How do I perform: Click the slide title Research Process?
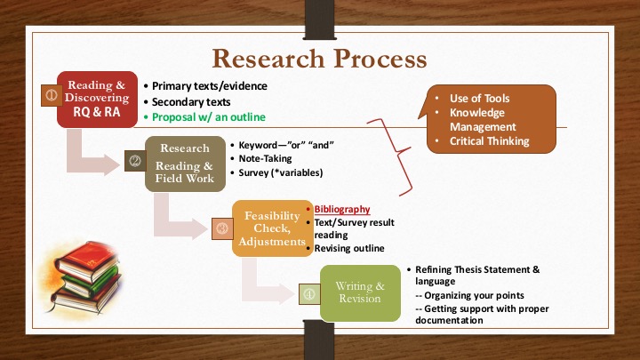320,59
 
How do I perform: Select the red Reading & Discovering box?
97,100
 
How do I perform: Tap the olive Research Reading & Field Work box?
185,164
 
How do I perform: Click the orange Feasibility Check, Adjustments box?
272,228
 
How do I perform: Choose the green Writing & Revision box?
360,292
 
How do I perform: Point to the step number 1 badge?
52,95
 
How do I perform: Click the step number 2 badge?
135,161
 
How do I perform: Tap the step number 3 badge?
222,228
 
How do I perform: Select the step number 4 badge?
309,294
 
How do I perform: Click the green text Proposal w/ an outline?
209,117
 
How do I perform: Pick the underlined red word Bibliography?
342,210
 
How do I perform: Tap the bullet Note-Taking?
265,158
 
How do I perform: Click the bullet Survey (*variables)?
281,172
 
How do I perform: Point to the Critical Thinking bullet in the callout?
490,141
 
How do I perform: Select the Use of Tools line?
480,99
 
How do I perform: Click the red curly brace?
394,157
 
